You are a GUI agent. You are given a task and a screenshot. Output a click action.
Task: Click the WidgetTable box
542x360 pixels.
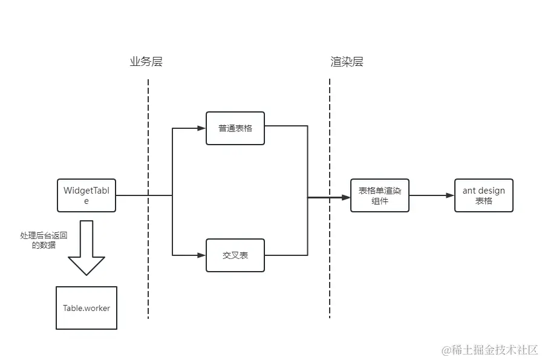pos(87,195)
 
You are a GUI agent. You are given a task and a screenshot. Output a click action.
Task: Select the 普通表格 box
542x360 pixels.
pos(235,128)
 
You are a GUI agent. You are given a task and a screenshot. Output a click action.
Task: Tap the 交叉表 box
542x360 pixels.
pos(235,255)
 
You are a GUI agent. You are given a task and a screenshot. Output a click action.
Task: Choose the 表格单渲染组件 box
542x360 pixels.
pos(380,195)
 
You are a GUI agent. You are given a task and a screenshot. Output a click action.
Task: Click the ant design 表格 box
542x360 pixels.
pos(484,195)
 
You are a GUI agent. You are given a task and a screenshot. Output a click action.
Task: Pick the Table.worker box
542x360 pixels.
pos(87,308)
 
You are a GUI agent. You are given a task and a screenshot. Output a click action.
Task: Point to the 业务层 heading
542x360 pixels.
pos(146,62)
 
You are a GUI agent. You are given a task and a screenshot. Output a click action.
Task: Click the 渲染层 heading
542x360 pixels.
pos(347,62)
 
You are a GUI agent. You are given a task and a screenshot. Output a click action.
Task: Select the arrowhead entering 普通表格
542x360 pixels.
pos(202,128)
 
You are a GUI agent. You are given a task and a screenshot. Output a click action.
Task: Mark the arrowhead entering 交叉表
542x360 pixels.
pos(202,255)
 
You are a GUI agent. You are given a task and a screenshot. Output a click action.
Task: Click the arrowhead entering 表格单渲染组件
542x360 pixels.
pos(346,197)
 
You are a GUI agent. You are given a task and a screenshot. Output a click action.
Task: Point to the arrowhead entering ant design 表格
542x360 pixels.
pos(450,195)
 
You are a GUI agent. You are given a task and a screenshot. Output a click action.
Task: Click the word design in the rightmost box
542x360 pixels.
pos(491,191)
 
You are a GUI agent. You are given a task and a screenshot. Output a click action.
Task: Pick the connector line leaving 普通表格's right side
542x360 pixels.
pos(287,126)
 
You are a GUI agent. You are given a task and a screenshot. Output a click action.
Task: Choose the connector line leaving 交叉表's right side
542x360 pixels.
pos(287,255)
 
